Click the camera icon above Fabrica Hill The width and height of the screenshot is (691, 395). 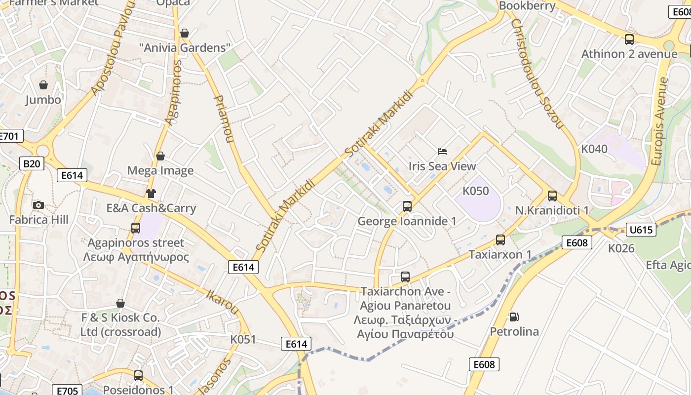[38, 205]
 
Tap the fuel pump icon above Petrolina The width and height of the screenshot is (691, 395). [514, 316]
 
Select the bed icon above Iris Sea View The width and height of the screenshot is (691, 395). [442, 152]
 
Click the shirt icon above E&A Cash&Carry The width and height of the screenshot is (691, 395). [151, 193]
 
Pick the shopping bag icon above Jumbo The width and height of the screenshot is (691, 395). [43, 85]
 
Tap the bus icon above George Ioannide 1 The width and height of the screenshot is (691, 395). [407, 206]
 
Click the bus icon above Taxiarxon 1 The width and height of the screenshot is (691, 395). [500, 240]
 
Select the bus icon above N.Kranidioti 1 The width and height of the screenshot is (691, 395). [552, 196]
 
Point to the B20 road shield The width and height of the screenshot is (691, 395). [32, 163]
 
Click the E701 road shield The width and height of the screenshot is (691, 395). [10, 136]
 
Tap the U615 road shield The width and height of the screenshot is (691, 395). [641, 229]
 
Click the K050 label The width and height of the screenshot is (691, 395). [475, 191]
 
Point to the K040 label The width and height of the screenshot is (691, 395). [594, 149]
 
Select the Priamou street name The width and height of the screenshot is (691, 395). [223, 119]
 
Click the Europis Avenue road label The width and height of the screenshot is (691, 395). [659, 121]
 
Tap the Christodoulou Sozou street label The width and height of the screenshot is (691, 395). [537, 74]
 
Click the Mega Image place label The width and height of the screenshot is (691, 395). [160, 171]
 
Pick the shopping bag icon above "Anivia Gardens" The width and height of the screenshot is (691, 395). [185, 33]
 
